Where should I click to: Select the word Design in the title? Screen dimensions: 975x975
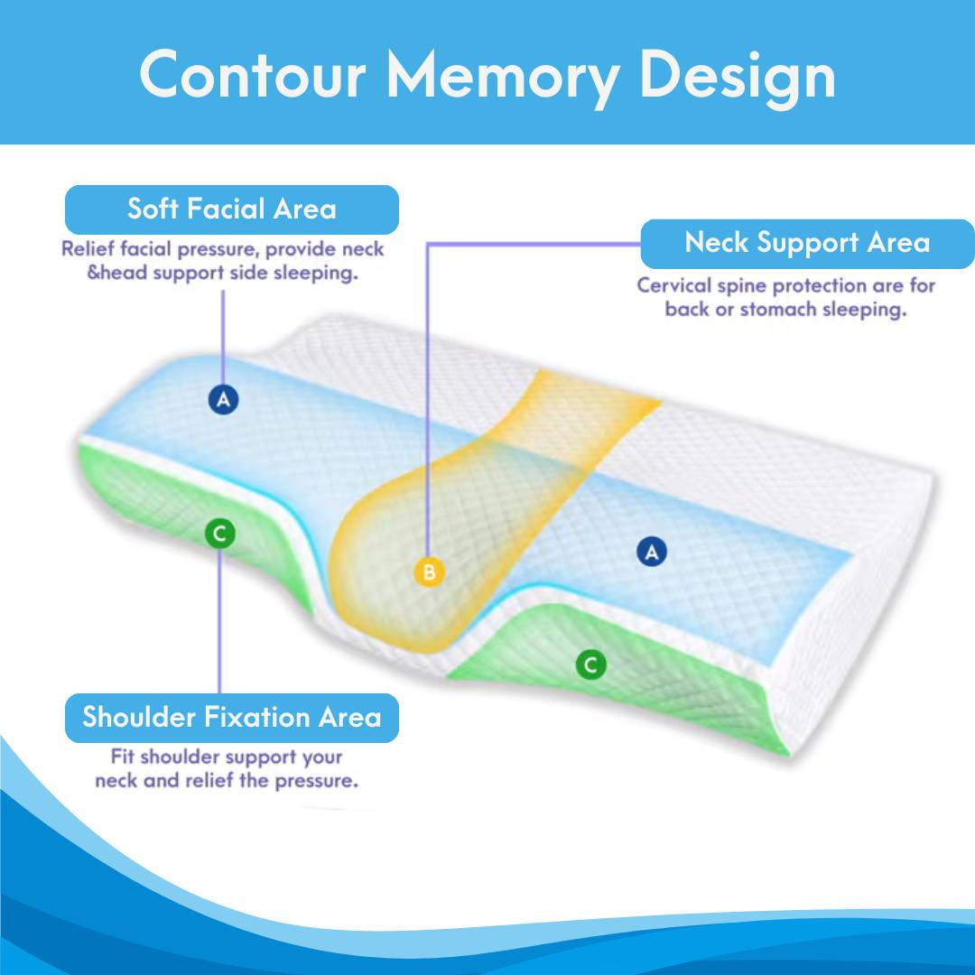click(x=738, y=77)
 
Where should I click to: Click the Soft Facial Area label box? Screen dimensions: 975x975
click(x=231, y=209)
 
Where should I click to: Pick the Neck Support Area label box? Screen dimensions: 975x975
click(x=807, y=243)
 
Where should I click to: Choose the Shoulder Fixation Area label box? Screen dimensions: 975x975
click(x=231, y=718)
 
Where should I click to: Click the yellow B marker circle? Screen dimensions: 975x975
click(x=430, y=571)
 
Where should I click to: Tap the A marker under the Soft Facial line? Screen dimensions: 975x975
click(x=223, y=398)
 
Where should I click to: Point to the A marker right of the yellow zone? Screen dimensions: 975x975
click(x=651, y=551)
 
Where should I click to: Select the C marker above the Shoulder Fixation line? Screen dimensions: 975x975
click(x=219, y=534)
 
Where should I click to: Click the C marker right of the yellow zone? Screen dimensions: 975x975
click(x=590, y=666)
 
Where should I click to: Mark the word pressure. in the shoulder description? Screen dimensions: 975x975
click(x=316, y=780)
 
